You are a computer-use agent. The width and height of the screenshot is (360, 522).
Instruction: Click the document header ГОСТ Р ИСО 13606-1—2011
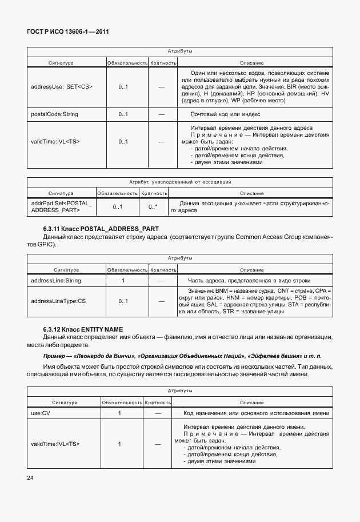point(68,32)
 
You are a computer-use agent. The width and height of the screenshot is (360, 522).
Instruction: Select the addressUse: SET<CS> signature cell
point(62,87)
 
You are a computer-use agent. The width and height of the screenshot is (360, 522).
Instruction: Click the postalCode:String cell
point(54,114)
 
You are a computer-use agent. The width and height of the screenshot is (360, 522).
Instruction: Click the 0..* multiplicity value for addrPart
point(153,207)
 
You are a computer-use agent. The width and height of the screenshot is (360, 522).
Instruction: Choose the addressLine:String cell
point(56,281)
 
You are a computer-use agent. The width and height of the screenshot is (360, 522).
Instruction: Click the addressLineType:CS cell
point(58,301)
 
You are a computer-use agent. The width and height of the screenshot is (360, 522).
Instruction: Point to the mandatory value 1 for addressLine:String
point(123,281)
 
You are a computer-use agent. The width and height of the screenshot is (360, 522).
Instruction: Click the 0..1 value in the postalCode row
point(123,114)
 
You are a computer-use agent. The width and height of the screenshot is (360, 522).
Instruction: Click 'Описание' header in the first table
point(251,62)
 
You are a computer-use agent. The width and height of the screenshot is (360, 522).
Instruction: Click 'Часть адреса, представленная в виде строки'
point(249,281)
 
